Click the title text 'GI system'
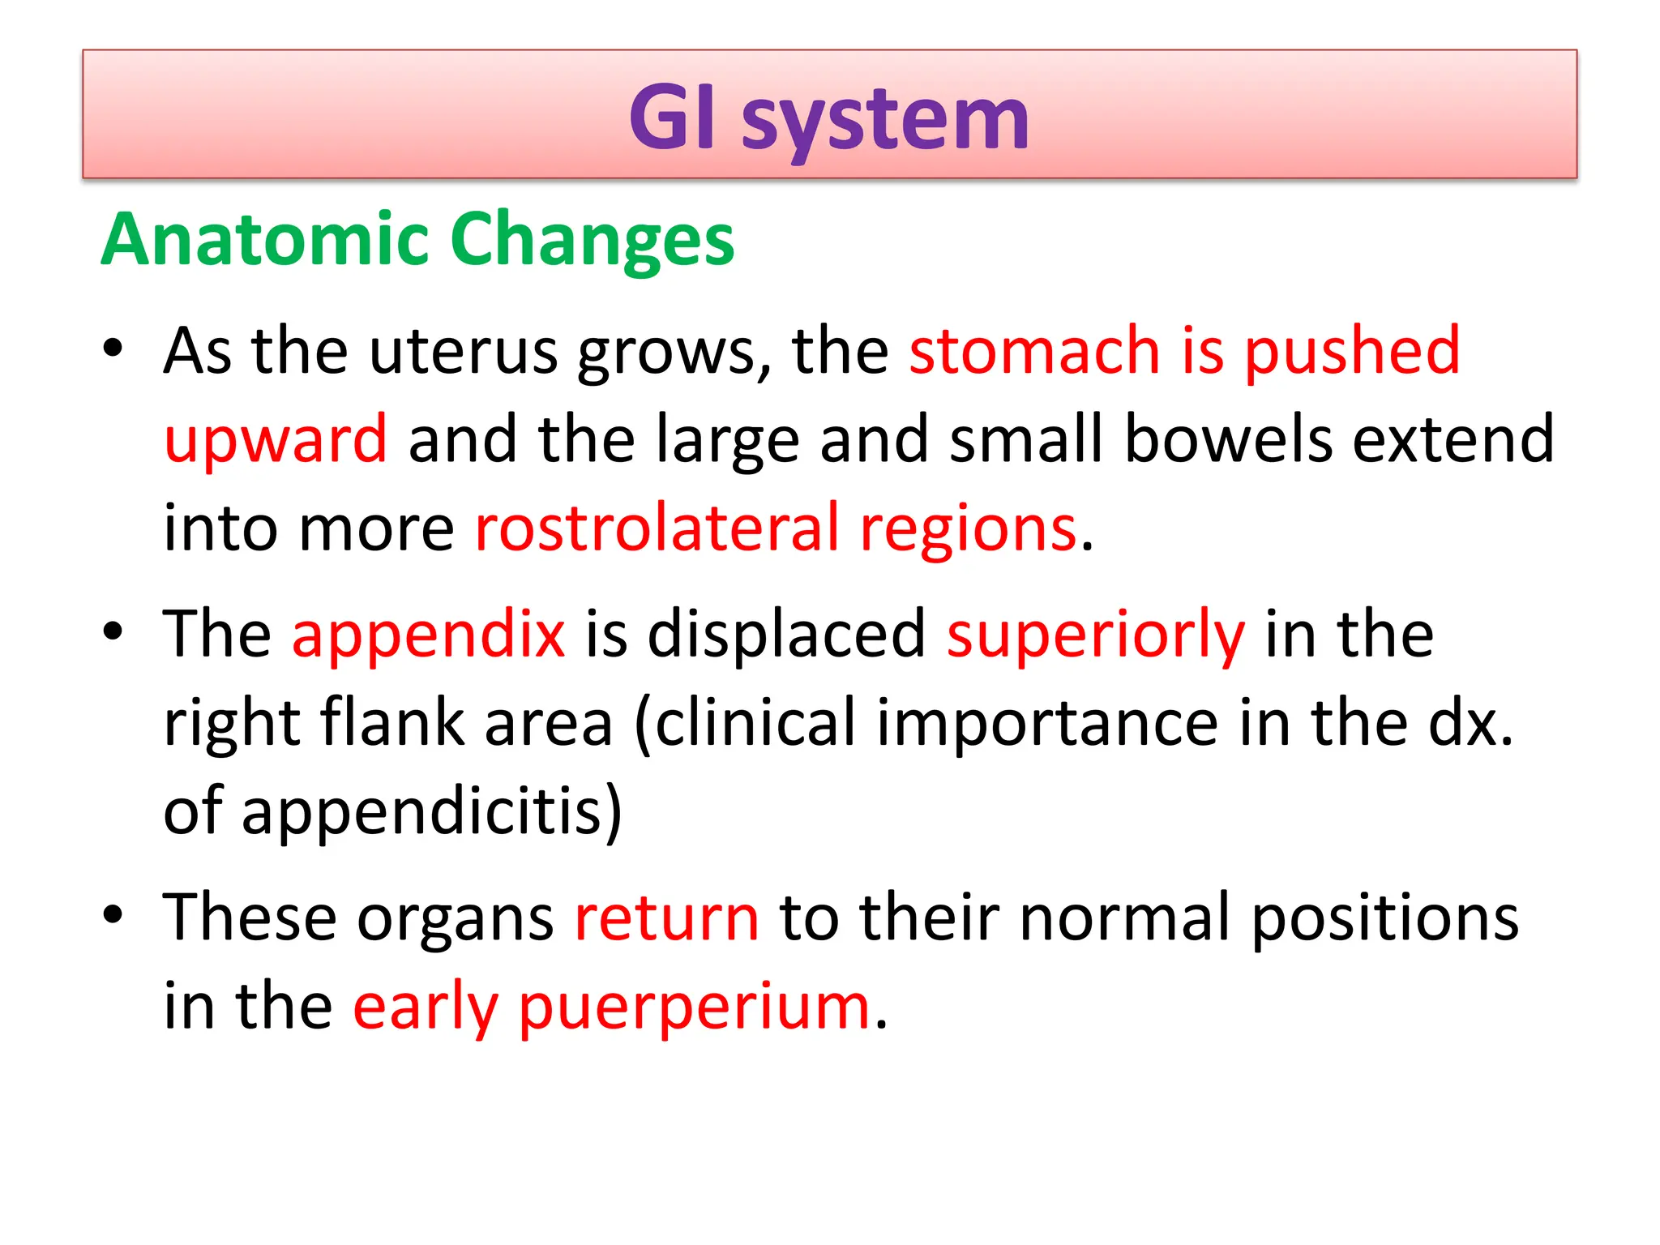coord(828,120)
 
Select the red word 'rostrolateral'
coord(657,528)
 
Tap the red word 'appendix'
coord(428,635)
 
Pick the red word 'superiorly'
coord(1095,635)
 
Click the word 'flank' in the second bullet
coord(392,722)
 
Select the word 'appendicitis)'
coord(432,812)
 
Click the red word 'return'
coord(666,918)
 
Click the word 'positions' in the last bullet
coord(1385,918)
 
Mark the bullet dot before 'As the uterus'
coord(113,349)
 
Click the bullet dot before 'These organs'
coord(113,914)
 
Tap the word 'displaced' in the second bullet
coord(785,635)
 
